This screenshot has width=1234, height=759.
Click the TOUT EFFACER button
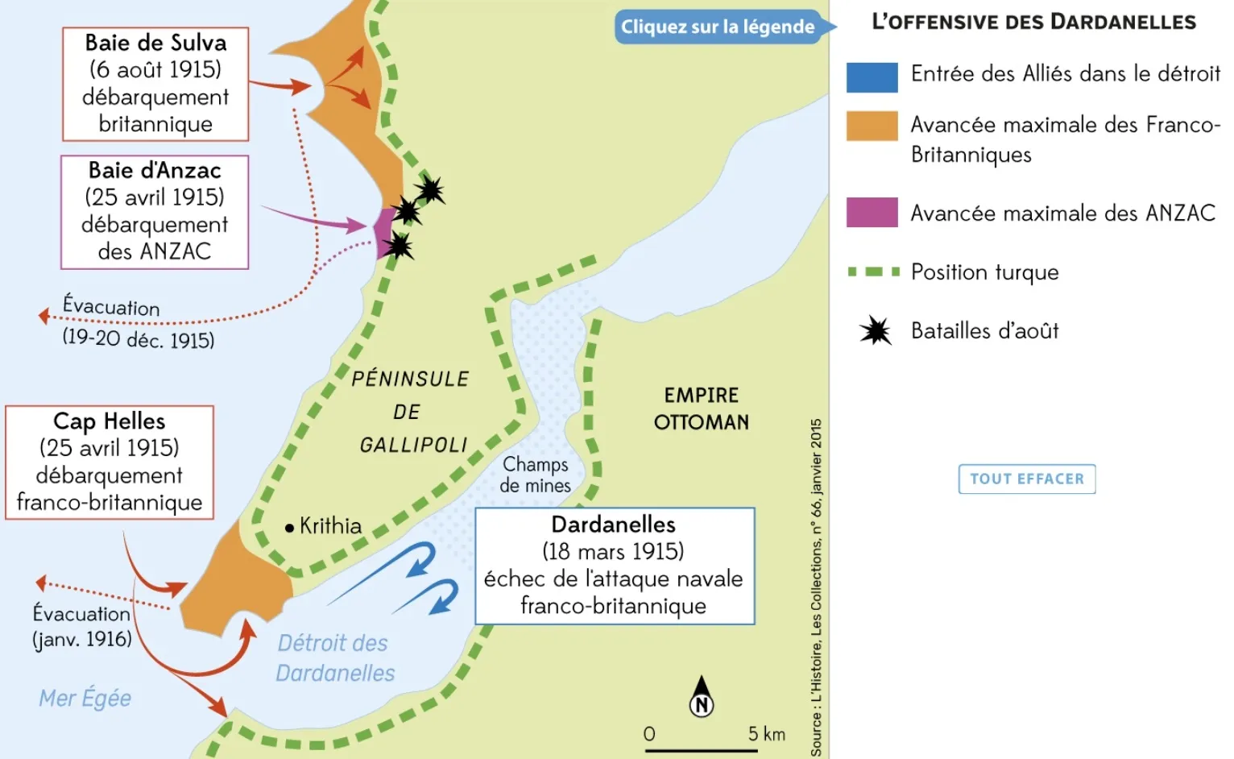1026,479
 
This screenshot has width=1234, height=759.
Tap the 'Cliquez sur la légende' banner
718,27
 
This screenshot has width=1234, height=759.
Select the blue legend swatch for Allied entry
872,77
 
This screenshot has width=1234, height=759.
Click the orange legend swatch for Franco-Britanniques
872,126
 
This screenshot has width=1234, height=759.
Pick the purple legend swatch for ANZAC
872,212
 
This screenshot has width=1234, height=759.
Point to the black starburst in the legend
875,330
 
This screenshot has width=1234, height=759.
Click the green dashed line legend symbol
873,272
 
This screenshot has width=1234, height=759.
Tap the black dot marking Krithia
289,528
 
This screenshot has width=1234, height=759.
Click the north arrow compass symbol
702,697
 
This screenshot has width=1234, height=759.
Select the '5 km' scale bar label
765,733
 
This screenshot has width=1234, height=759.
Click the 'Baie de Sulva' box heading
155,43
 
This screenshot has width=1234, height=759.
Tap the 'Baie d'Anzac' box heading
155,171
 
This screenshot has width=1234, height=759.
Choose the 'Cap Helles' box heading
109,421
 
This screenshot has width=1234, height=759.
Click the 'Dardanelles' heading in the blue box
613,525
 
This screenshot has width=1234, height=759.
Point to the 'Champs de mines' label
535,475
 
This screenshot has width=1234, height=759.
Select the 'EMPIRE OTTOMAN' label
701,409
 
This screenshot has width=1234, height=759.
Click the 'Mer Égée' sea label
85,698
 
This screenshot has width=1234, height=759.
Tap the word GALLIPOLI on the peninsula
413,445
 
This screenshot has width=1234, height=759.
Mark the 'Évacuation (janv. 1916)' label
81,626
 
